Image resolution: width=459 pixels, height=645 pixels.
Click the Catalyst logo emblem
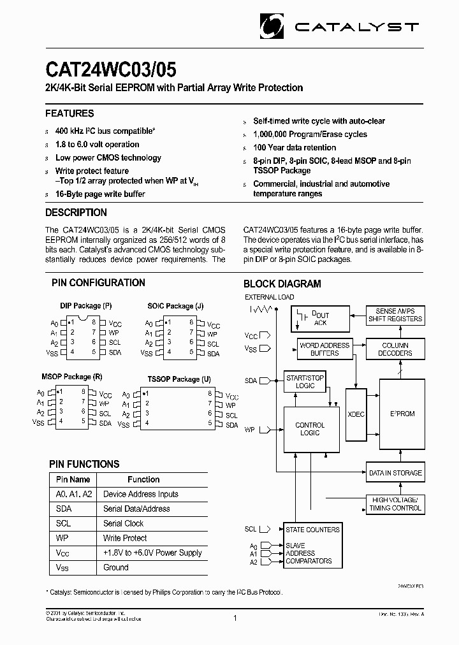point(273,26)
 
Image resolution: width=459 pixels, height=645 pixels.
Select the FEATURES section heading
point(69,113)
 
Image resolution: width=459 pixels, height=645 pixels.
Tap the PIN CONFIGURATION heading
point(98,282)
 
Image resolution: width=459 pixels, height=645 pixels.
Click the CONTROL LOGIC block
point(310,429)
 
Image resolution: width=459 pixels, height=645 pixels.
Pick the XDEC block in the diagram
point(356,414)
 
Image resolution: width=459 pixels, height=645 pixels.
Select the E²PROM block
point(402,414)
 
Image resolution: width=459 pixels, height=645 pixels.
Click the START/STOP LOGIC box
point(305,382)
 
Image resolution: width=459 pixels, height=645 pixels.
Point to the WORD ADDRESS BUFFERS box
point(324,349)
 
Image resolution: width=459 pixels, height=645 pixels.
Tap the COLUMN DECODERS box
point(395,349)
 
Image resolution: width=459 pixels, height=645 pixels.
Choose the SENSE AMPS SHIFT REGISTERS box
point(395,315)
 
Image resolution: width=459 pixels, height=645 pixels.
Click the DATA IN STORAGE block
point(395,473)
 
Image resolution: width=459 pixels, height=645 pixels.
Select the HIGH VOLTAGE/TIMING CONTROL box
point(395,504)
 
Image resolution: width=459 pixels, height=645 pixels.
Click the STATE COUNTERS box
point(312,530)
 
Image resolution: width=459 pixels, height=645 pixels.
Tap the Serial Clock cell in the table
point(124,523)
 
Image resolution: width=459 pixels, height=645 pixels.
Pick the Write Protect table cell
point(125,538)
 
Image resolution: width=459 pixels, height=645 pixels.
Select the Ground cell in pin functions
point(116,567)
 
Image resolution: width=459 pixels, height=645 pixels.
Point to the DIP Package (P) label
point(86,307)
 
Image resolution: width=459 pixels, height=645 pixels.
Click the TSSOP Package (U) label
point(179,379)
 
